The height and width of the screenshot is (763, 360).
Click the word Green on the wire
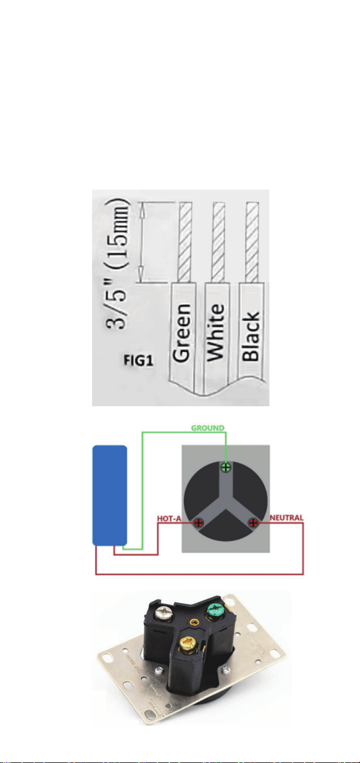point(181,333)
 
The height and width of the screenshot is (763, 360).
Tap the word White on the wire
point(216,333)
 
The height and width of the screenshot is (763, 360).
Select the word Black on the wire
point(251,336)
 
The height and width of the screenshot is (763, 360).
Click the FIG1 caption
point(138,360)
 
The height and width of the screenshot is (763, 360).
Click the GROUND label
point(208,428)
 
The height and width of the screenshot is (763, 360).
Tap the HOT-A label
point(169,519)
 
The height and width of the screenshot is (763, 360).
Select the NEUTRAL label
point(286,518)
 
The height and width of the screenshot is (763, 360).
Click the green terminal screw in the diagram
point(226,467)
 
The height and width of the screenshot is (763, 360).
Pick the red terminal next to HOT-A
point(198,523)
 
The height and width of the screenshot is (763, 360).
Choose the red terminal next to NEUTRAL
point(253,523)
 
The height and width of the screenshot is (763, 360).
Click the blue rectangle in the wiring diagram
point(109,495)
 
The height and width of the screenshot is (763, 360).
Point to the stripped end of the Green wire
point(185,242)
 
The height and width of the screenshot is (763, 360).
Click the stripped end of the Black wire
point(252,242)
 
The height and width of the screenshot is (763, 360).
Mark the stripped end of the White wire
point(219,242)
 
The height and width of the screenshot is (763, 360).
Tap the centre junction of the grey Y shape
point(226,502)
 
